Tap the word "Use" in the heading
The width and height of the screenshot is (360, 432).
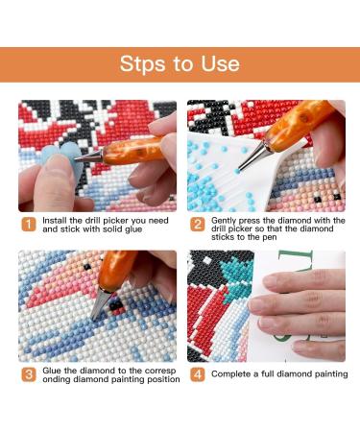[x=220, y=63]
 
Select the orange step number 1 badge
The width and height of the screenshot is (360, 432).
[x=29, y=225]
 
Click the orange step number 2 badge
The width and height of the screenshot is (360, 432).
[x=198, y=225]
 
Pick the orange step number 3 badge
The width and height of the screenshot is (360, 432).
[x=29, y=374]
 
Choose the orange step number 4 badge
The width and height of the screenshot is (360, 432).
[x=198, y=374]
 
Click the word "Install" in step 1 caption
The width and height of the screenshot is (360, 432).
[x=55, y=221]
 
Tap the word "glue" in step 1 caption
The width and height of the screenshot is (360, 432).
[x=133, y=229]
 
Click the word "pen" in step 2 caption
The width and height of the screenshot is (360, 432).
[x=270, y=238]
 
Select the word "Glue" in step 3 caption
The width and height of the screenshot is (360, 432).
[x=52, y=371]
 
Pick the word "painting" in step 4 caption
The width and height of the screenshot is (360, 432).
[x=331, y=374]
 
